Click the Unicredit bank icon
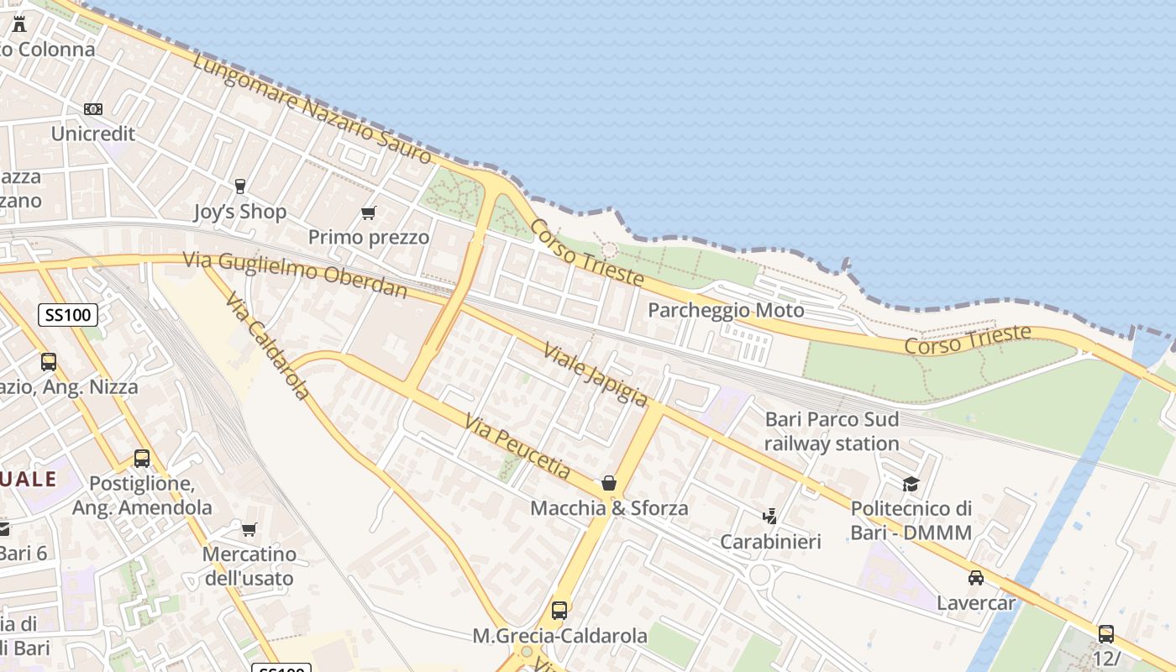[93, 109]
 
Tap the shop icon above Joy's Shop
[240, 186]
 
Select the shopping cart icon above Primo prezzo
[368, 213]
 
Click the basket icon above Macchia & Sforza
[609, 483]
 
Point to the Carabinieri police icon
[770, 515]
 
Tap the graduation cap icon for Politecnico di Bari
[911, 484]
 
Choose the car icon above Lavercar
[975, 578]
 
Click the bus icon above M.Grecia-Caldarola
[559, 611]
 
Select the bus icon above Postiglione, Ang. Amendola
[142, 459]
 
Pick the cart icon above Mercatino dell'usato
[249, 529]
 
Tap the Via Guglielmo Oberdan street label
[295, 275]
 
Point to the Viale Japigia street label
[596, 375]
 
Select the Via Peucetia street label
[517, 444]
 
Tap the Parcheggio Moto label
[726, 311]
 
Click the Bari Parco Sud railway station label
[832, 431]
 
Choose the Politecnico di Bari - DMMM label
[911, 520]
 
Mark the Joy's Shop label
[240, 212]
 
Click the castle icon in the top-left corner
[19, 24]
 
